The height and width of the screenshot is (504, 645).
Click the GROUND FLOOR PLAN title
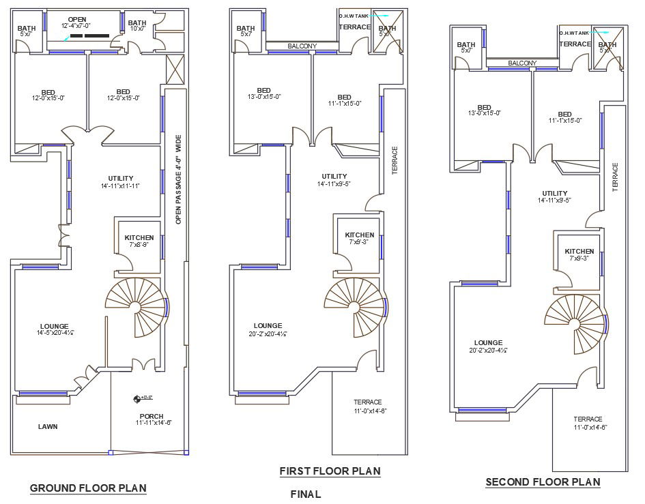(x=88, y=488)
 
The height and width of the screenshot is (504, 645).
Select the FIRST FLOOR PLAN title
(x=330, y=471)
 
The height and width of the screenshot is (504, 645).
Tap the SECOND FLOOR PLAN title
(x=543, y=482)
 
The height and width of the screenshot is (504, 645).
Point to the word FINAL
(x=305, y=494)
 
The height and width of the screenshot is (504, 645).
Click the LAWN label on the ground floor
(x=48, y=427)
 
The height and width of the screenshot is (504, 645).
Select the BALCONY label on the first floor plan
(x=301, y=46)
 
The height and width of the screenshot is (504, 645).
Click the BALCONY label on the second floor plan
(x=521, y=63)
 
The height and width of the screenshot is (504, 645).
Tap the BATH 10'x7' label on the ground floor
(x=137, y=25)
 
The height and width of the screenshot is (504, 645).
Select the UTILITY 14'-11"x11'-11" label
(x=120, y=181)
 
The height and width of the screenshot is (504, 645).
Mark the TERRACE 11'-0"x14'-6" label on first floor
(x=367, y=406)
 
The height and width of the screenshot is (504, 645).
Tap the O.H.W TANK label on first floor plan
(x=353, y=15)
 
